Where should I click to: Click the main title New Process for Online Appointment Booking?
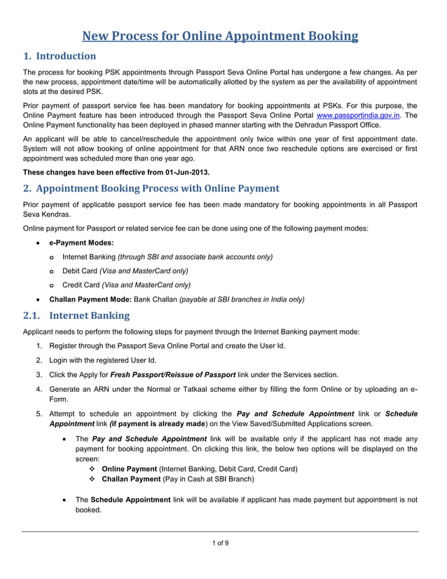click(x=221, y=36)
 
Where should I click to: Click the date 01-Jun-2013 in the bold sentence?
click(x=188, y=172)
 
